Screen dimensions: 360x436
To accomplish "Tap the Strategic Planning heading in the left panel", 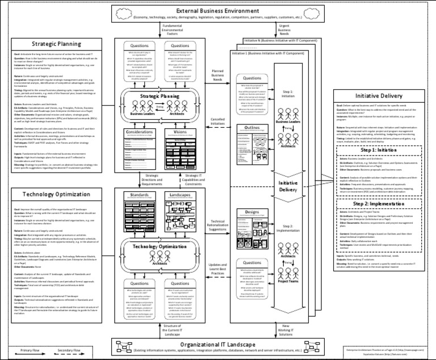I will click(56, 44).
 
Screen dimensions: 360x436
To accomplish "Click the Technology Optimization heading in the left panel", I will click(56, 194).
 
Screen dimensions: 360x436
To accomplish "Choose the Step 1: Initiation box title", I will click(379, 149).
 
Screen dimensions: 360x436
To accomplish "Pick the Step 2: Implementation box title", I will click(379, 203).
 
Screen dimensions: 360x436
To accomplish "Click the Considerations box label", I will click(139, 132).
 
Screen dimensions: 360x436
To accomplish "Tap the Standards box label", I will click(139, 195).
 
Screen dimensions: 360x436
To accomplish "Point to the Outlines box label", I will click(251, 128).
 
